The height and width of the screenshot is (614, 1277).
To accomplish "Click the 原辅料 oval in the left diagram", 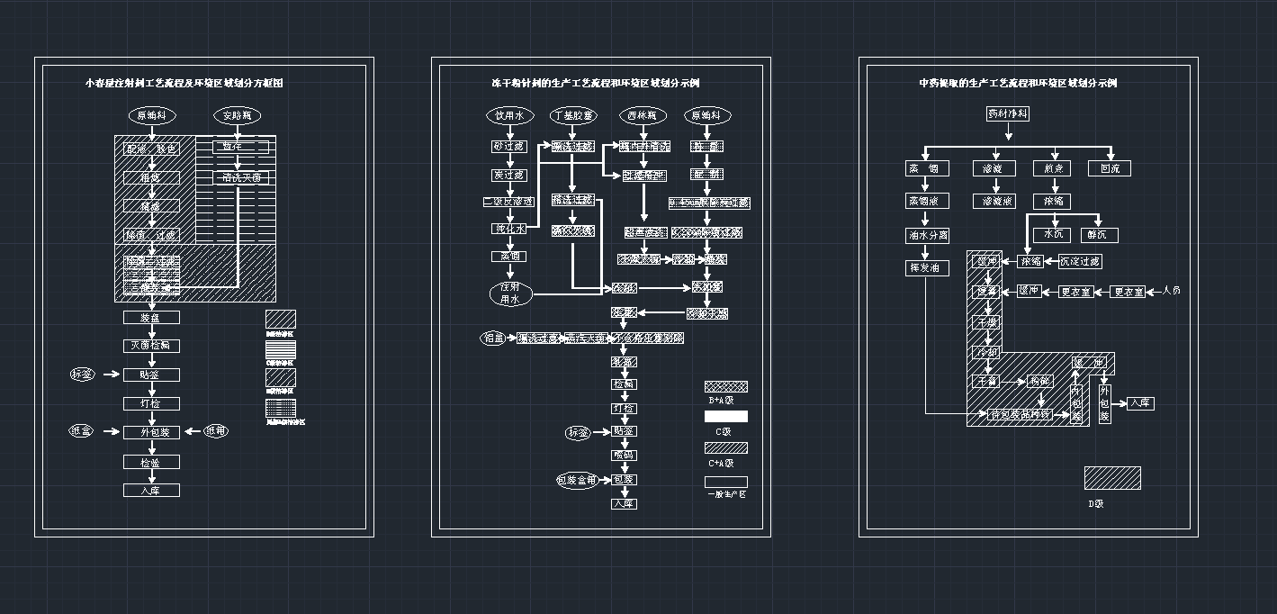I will tap(152, 115).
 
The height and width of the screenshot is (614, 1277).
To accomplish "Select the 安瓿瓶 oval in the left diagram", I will tap(236, 115).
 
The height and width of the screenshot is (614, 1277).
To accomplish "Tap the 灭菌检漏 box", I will tap(152, 346).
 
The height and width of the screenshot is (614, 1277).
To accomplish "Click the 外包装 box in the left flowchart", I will tap(152, 432).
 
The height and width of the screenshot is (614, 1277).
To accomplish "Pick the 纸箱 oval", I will tap(215, 431).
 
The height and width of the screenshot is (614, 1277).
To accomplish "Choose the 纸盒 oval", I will tap(82, 431).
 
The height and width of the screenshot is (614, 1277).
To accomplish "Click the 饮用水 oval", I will tap(510, 115).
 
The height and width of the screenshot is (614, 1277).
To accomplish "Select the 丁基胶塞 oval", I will tap(573, 115).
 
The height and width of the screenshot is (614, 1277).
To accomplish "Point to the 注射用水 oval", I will tap(510, 293).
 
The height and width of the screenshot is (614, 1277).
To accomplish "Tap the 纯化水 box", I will tap(509, 229).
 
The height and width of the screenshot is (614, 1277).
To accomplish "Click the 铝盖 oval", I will tap(494, 339).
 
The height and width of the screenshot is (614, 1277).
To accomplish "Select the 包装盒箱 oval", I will tap(577, 480).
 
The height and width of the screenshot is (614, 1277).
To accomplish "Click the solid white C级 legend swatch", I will tap(725, 417).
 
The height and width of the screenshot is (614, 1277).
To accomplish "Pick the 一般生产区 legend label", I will tap(725, 494).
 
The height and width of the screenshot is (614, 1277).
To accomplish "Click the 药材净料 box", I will tap(1008, 114).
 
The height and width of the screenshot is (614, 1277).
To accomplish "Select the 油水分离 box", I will tap(927, 236).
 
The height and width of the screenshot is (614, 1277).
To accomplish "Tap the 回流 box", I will tap(1110, 168).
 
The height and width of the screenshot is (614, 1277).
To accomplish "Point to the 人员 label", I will tap(1171, 291).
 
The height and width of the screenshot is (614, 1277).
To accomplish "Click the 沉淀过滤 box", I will tap(1079, 261).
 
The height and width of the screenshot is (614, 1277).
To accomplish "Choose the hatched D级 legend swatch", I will tap(1111, 478).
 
